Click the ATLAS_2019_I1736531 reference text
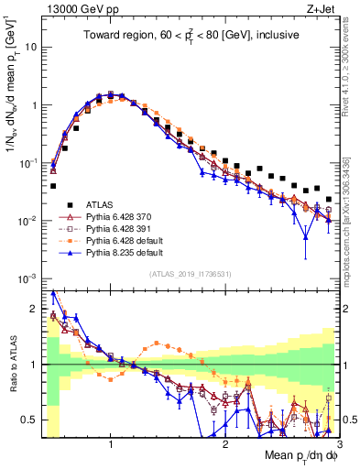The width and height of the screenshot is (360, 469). (188, 273)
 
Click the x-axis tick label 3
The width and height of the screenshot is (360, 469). (341, 443)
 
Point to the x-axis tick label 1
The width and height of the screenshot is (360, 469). (110, 443)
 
